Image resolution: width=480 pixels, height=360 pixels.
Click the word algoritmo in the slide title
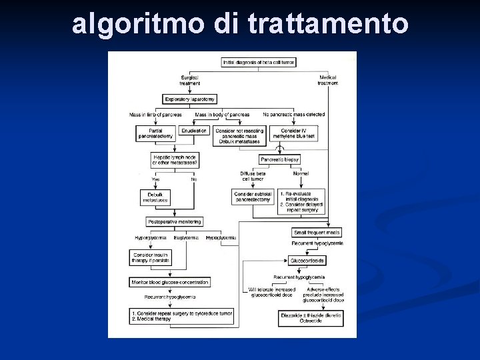pyautogui.click(x=139, y=24)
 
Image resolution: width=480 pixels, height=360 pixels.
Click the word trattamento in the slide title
pyautogui.click(x=327, y=24)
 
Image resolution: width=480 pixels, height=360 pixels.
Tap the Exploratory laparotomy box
pyautogui.click(x=190, y=99)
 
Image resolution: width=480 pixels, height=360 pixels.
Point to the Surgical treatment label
pyautogui.click(x=190, y=80)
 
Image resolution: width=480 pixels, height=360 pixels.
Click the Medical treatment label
pyautogui.click(x=327, y=80)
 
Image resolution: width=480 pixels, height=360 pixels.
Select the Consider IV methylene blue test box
pyautogui.click(x=295, y=133)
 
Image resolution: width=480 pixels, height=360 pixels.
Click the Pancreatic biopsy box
pyautogui.click(x=280, y=160)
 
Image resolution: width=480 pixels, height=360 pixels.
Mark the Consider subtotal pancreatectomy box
pyautogui.click(x=253, y=197)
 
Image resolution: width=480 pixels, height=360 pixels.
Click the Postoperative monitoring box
pyautogui.click(x=174, y=221)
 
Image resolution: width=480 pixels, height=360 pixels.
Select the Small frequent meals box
pyautogui.click(x=317, y=233)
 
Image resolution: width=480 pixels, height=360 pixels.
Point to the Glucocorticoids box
pyautogui.click(x=307, y=261)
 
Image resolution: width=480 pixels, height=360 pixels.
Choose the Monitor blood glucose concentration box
pyautogui.click(x=170, y=282)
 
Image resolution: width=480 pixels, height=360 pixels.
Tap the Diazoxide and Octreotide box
pyautogui.click(x=311, y=318)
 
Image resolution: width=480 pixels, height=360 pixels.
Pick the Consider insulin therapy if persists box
pyautogui.click(x=151, y=257)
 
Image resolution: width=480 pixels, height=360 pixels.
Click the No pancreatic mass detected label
pyautogui.click(x=294, y=115)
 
